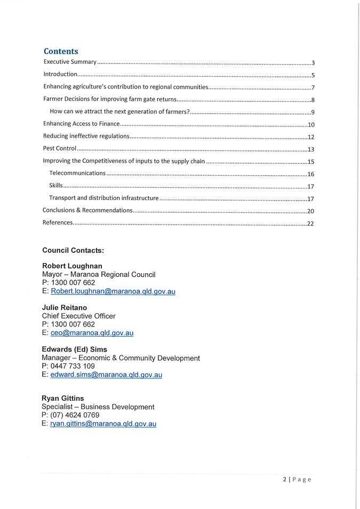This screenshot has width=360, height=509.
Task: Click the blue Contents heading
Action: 61,51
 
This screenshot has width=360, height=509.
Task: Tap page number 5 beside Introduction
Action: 313,75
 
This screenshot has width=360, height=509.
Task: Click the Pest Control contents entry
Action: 60,149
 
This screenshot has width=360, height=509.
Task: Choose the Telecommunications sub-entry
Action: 77,173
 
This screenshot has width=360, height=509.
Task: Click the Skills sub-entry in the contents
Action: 56,186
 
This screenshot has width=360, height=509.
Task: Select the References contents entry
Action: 58,222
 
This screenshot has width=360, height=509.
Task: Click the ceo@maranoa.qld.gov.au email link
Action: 92,333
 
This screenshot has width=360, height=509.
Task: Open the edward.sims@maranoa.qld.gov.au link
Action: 106,375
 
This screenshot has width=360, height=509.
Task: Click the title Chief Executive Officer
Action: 78,316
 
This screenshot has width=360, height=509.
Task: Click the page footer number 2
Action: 285,479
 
